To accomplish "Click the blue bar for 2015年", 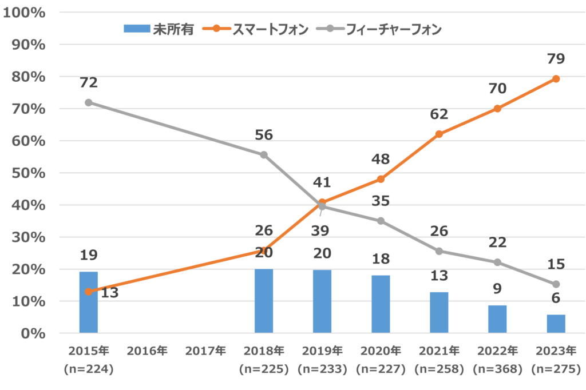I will (89, 303).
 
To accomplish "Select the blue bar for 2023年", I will (556, 324).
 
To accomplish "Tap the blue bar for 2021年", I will (439, 313).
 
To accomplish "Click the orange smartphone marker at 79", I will (556, 79).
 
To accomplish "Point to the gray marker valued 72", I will (89, 102).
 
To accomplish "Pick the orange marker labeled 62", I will (439, 134).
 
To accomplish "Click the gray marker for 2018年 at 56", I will (264, 155).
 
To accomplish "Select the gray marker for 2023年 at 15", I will (556, 284).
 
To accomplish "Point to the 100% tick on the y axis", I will (24, 12).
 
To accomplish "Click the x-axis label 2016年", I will (147, 351).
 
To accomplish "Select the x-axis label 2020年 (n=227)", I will (381, 360).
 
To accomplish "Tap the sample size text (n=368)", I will (497, 369).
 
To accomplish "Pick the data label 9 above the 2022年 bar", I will (497, 289).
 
